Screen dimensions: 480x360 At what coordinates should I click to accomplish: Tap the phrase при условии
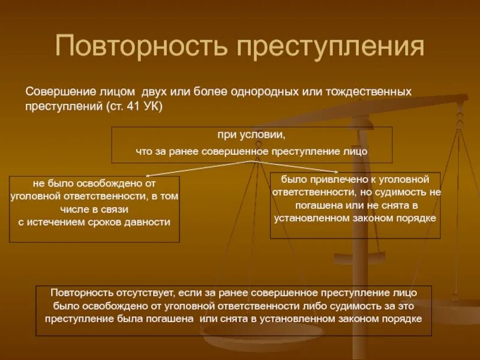click(251, 135)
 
